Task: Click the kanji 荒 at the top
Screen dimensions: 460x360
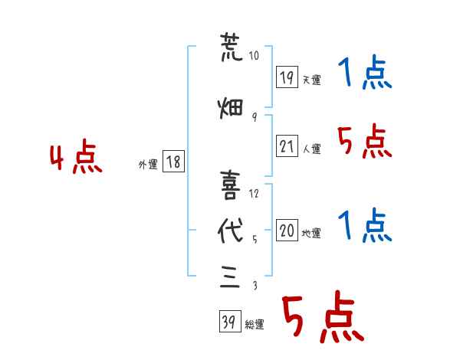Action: click(x=232, y=47)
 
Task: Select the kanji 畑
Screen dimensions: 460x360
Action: click(x=231, y=108)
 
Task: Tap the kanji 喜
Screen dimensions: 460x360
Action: click(x=231, y=185)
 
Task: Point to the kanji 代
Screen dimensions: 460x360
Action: click(x=231, y=231)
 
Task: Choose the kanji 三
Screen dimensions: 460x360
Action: click(x=230, y=277)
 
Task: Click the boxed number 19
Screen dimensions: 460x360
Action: click(x=287, y=77)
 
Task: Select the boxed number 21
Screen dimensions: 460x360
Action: click(x=287, y=146)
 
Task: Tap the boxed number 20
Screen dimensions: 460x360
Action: click(x=287, y=230)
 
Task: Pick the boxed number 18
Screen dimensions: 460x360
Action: click(x=173, y=161)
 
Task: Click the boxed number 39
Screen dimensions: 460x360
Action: click(x=230, y=321)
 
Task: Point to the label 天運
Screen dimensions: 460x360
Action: click(x=311, y=80)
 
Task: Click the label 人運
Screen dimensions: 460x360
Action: click(x=311, y=149)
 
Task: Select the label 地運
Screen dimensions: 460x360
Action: click(x=311, y=234)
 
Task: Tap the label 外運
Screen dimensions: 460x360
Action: click(x=148, y=165)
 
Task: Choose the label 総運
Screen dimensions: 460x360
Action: click(x=255, y=325)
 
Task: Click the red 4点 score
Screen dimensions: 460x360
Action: click(x=76, y=156)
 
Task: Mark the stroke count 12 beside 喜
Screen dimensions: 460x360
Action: click(x=254, y=194)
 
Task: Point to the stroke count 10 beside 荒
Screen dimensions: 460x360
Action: click(x=254, y=55)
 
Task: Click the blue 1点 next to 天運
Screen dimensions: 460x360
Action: click(x=365, y=72)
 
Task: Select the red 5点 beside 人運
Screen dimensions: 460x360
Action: click(x=365, y=141)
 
